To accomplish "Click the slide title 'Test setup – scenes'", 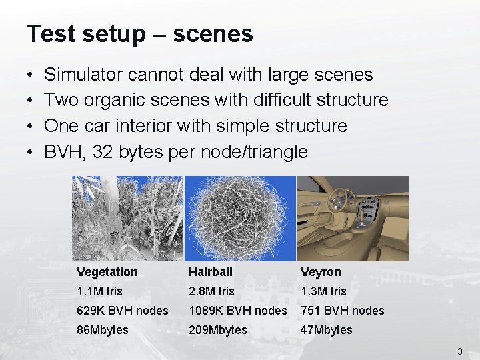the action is tap(140, 34).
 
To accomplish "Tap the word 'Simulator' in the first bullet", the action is tap(83, 75).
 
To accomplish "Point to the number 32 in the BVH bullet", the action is tap(102, 151).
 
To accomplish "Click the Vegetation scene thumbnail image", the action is tap(127, 218).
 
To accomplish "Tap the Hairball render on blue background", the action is tap(240, 218).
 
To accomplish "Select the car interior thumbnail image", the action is tap(353, 218).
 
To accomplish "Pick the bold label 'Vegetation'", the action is tap(107, 272).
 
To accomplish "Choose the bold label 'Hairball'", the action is tap(211, 272).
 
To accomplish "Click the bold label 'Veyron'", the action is tap(321, 272).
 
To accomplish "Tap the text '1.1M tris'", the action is tap(99, 291).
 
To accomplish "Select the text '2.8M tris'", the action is tap(211, 291).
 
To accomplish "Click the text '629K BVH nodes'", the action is tap(123, 311).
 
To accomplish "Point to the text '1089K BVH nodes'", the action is tap(238, 311).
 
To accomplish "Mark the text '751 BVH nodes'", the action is tap(343, 311).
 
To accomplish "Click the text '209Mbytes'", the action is tap(218, 330).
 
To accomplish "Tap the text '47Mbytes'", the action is tap(326, 330).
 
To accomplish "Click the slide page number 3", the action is tap(460, 351).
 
